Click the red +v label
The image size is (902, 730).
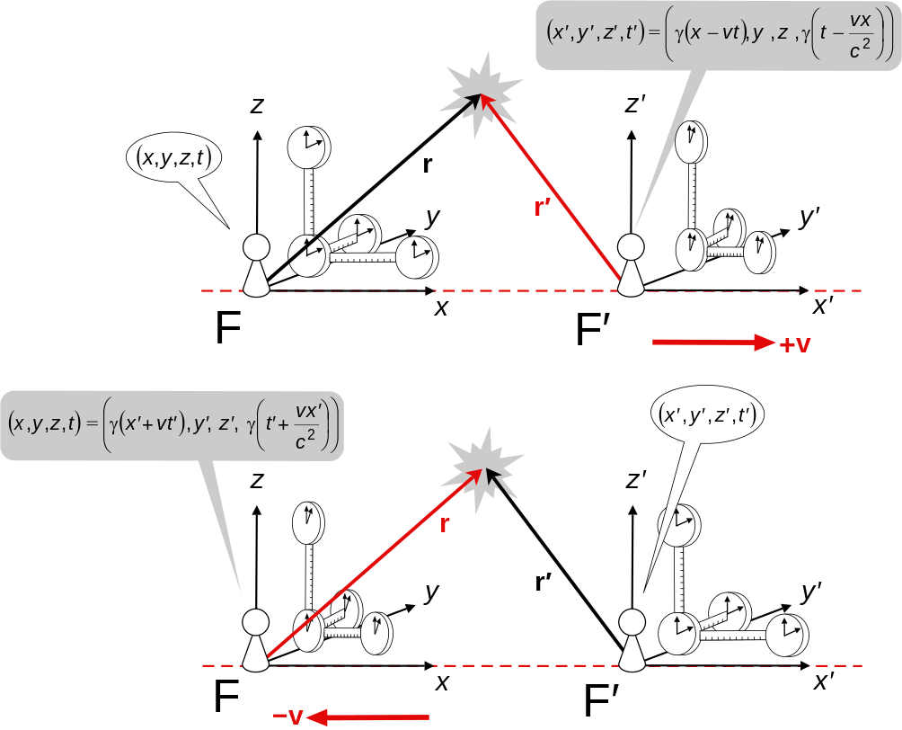[796, 344]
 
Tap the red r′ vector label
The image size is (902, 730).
[544, 209]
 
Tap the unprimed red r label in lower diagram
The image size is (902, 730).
[444, 526]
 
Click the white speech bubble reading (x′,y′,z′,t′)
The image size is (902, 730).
[705, 414]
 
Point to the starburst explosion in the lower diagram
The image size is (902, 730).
[486, 466]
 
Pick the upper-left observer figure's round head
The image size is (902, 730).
[257, 246]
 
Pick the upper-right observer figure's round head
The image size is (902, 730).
[632, 246]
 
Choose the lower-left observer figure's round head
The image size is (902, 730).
[257, 621]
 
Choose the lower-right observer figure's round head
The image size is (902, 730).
[632, 621]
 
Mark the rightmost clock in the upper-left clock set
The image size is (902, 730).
[416, 255]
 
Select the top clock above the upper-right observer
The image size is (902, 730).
[691, 142]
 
